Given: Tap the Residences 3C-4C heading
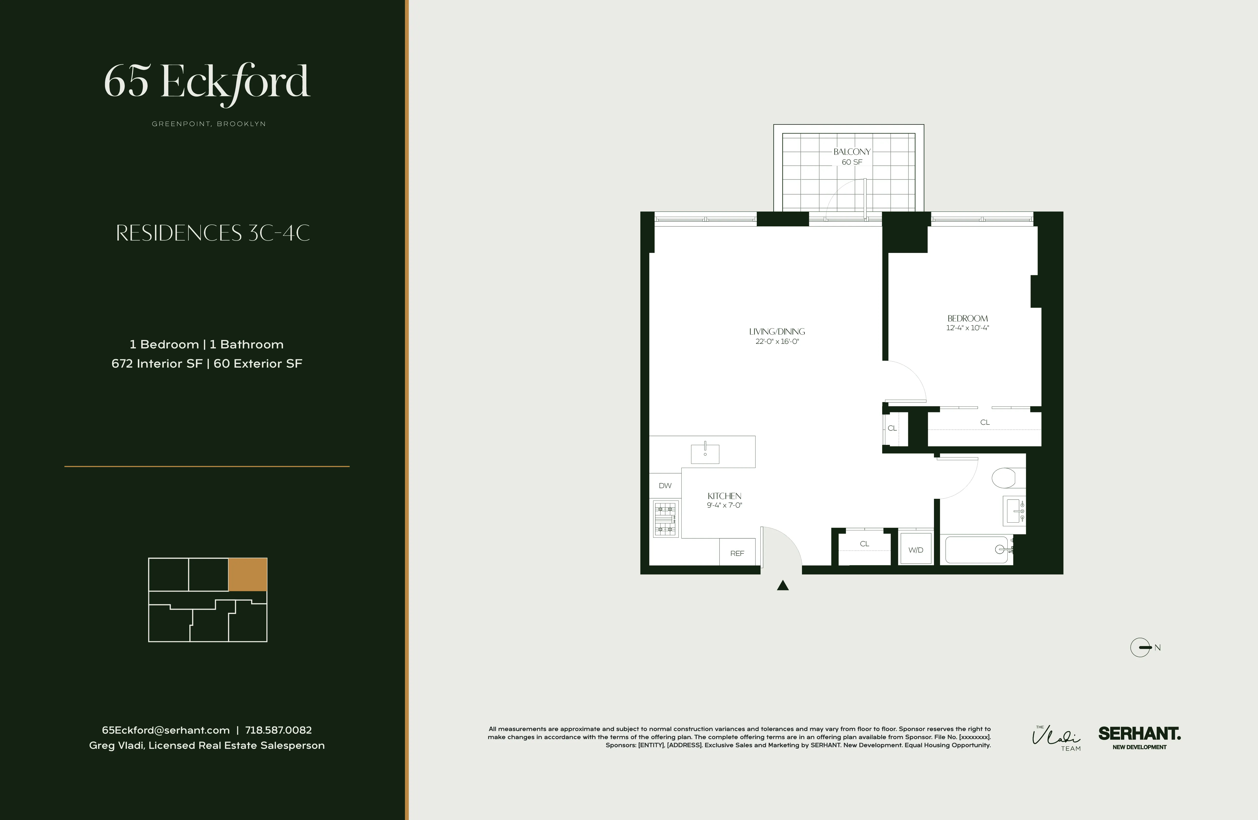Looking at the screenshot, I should [x=212, y=233].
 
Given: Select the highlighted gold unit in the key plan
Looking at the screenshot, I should [x=247, y=574].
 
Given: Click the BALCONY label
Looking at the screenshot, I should [x=852, y=152].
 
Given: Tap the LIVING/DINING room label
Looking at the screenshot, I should [x=776, y=332].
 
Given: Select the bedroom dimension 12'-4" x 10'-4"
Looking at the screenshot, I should [x=967, y=328].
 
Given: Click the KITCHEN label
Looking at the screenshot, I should [x=724, y=496].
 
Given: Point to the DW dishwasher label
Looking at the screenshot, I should [x=665, y=485].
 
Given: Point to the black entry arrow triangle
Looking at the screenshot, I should [x=783, y=585].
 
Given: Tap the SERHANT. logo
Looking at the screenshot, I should [x=1139, y=734].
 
